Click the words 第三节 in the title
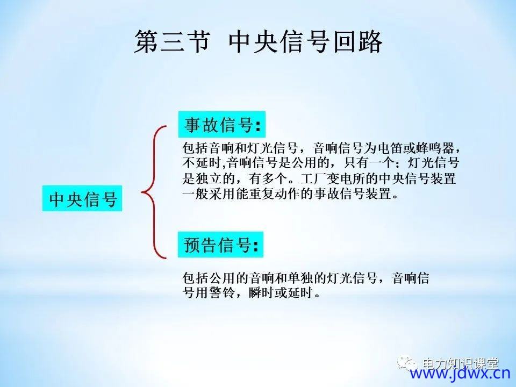(172, 41)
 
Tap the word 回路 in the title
(357, 41)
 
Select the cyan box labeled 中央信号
(82, 198)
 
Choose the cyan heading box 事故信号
(222, 124)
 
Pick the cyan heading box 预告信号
(220, 245)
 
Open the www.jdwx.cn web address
(460, 373)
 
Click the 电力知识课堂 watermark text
(460, 363)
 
